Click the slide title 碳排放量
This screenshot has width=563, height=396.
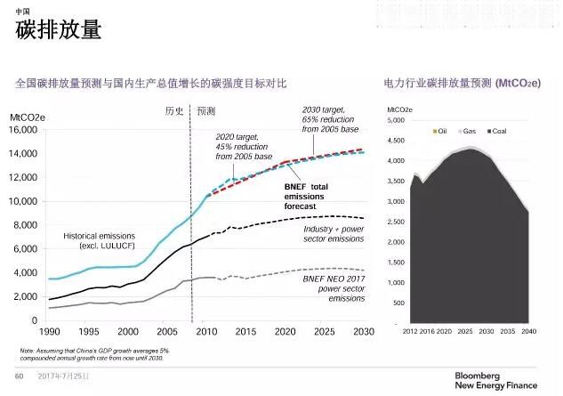[x=59, y=30]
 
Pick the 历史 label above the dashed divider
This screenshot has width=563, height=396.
[x=174, y=111]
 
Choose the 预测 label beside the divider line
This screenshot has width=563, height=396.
[x=205, y=111]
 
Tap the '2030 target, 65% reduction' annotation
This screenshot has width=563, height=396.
[x=330, y=119]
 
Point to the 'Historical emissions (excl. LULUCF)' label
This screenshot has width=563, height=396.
[x=100, y=240]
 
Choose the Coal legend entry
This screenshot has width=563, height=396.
[x=499, y=131]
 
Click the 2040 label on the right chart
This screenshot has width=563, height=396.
[x=528, y=331]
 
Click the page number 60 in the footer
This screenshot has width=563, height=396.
[x=19, y=377]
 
